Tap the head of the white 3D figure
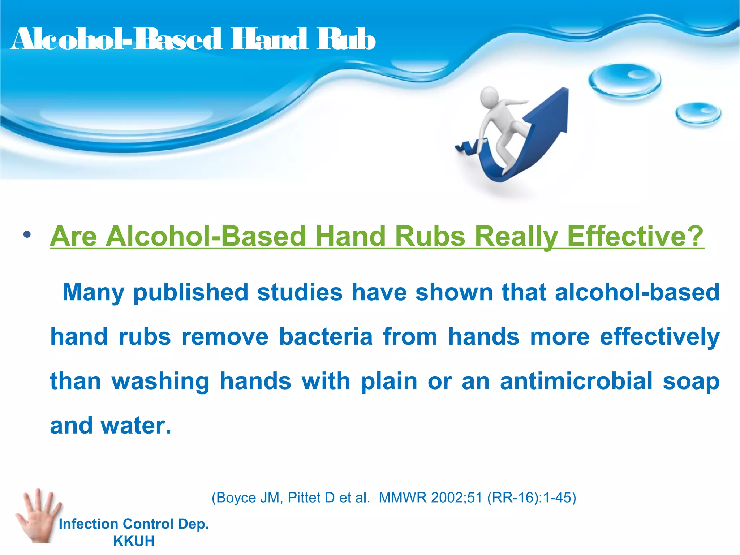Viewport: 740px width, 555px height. click(x=489, y=97)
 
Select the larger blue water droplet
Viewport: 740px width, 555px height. click(x=625, y=80)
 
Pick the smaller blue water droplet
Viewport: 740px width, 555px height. click(x=698, y=113)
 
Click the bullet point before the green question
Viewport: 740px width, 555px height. click(x=27, y=235)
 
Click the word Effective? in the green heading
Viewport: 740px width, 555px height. click(x=635, y=236)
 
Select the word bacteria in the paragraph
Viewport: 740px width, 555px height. click(x=326, y=337)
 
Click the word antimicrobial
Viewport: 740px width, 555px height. click(x=576, y=381)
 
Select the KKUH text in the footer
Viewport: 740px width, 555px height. click(x=134, y=541)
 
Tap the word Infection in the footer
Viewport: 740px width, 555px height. click(x=88, y=524)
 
